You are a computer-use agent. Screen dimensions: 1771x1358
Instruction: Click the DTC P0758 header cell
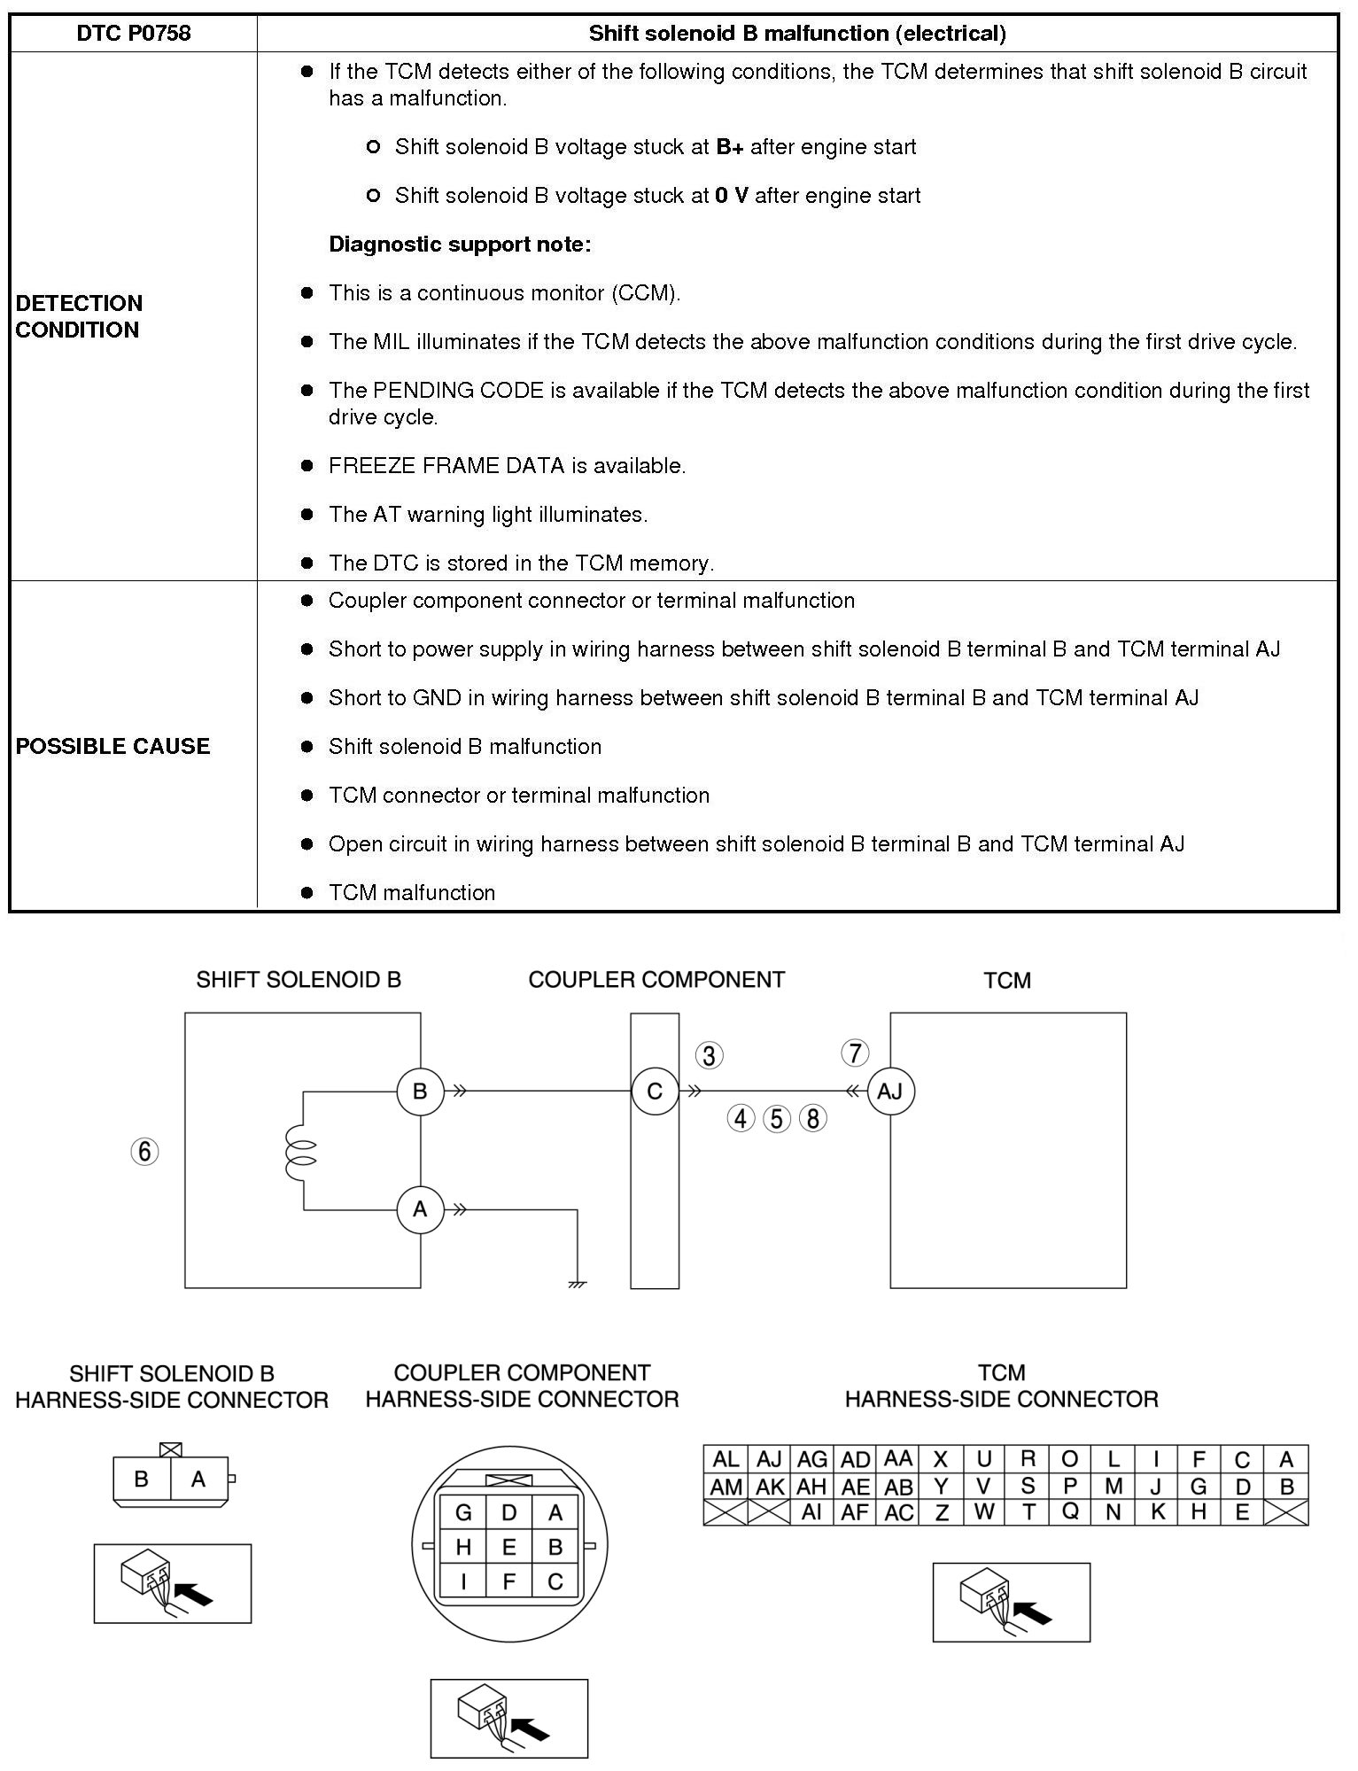[x=133, y=34]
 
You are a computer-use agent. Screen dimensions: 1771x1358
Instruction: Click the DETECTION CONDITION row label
[x=79, y=316]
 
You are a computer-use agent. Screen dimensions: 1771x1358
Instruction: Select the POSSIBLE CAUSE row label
[x=113, y=746]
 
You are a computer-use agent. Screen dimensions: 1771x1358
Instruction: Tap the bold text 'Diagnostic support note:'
[x=460, y=245]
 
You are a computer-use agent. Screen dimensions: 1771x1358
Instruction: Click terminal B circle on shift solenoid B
[x=420, y=1091]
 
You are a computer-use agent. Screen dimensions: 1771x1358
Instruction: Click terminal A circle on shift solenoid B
[x=420, y=1209]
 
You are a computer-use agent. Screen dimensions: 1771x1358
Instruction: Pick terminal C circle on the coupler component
[x=655, y=1091]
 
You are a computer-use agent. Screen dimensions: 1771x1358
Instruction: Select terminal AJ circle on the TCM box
[x=890, y=1091]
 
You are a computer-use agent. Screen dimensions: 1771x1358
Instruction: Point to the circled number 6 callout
[x=145, y=1152]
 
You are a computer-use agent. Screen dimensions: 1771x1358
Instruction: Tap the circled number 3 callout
[x=709, y=1055]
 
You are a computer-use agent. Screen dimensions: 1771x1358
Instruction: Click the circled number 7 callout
[x=855, y=1053]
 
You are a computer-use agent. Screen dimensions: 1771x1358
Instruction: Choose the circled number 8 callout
[x=812, y=1119]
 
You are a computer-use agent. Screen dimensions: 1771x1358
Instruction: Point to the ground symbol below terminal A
[x=577, y=1283]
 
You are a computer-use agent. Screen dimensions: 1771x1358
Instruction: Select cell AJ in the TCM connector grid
[x=769, y=1459]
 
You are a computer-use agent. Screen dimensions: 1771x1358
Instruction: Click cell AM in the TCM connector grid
[x=726, y=1487]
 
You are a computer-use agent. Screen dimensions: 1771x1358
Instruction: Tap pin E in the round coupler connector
[x=509, y=1547]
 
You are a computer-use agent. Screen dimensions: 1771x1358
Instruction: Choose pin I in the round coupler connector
[x=463, y=1581]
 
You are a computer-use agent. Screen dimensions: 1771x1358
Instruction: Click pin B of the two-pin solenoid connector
[x=141, y=1479]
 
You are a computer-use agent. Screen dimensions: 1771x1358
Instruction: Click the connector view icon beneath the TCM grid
[x=1011, y=1602]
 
